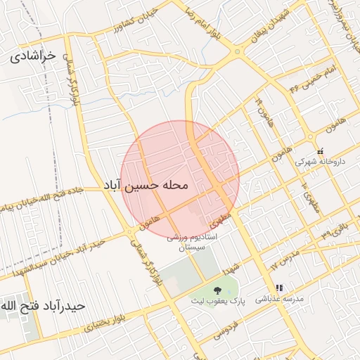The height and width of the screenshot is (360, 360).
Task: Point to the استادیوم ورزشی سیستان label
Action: (x=192, y=243)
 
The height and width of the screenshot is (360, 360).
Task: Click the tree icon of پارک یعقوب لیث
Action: (x=217, y=290)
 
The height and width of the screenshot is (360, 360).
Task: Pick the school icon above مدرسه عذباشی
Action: (x=279, y=288)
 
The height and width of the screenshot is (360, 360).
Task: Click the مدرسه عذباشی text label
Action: (x=279, y=299)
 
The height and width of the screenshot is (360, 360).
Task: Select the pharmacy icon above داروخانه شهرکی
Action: (x=320, y=150)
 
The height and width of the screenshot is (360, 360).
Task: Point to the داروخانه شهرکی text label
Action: (x=320, y=162)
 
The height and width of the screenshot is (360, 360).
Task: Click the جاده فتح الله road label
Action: (x=70, y=193)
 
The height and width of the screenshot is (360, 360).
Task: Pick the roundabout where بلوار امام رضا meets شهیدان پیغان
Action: (x=238, y=52)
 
